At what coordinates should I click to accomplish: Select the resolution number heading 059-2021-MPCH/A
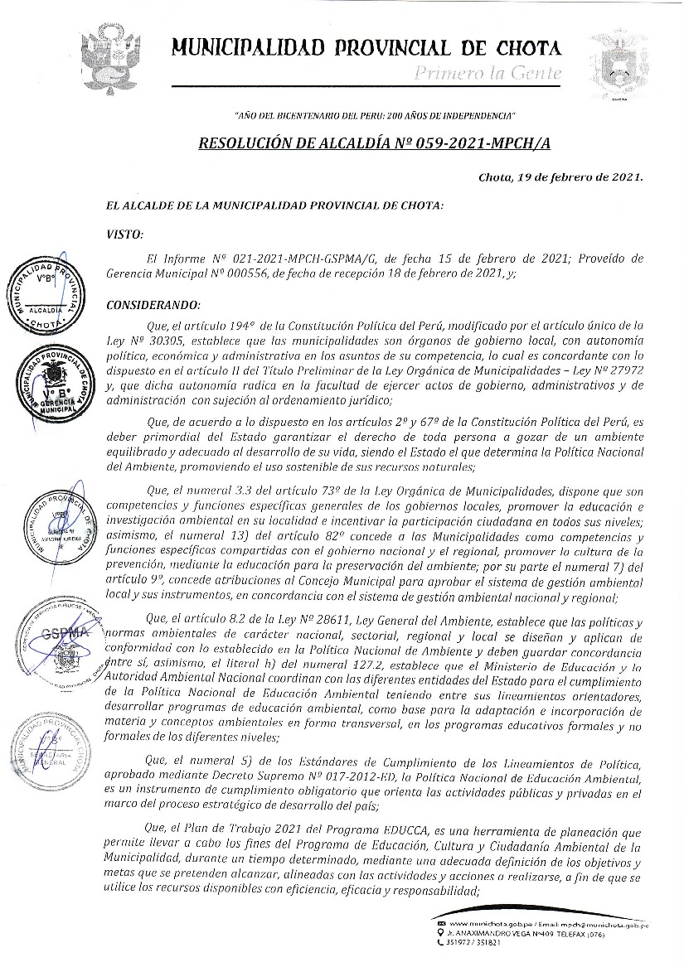375,143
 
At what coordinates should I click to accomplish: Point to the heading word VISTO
125,234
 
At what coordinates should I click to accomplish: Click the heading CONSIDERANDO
154,305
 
